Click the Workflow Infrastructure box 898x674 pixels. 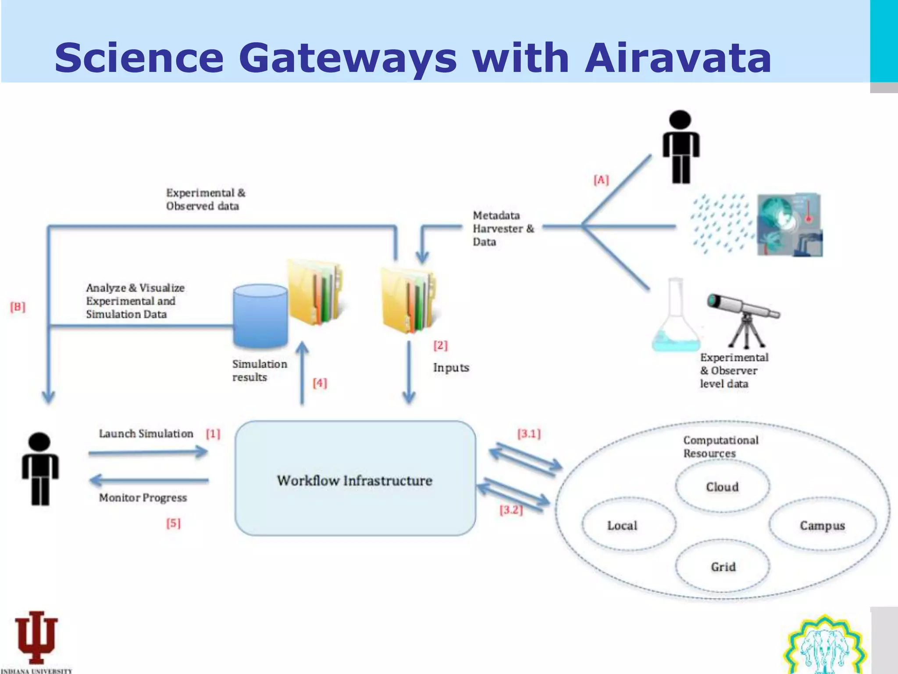[x=355, y=478]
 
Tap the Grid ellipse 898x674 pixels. [x=723, y=566]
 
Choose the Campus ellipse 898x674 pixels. [x=822, y=525]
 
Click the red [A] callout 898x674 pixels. [x=601, y=180]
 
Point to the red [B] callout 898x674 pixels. [x=18, y=307]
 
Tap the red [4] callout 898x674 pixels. [x=320, y=383]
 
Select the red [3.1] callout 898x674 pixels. [x=529, y=434]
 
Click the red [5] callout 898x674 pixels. [x=173, y=523]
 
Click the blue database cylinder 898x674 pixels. [x=260, y=316]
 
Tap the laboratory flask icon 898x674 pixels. [x=674, y=318]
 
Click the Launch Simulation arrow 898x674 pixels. [x=148, y=452]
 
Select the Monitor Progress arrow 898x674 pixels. [x=149, y=480]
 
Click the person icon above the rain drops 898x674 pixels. [x=681, y=147]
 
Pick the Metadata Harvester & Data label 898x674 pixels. [x=503, y=229]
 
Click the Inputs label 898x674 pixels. [x=451, y=368]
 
